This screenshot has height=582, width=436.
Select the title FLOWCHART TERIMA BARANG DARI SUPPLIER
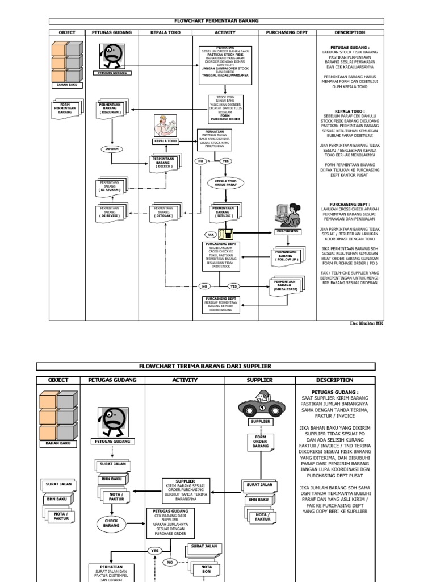(x=206, y=367)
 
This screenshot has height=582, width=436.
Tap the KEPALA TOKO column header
(x=166, y=32)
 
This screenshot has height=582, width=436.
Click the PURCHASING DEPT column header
(x=287, y=32)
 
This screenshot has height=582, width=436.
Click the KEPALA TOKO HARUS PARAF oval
(x=224, y=183)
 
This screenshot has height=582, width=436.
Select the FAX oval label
(x=210, y=234)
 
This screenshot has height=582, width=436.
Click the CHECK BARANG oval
(x=112, y=523)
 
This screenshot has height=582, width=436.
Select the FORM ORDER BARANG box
(x=261, y=441)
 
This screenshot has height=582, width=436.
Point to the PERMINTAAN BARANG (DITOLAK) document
(x=166, y=213)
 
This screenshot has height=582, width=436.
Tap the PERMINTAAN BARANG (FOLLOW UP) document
(x=288, y=255)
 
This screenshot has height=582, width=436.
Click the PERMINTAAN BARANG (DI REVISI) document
(x=112, y=213)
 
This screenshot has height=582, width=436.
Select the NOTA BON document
(x=206, y=569)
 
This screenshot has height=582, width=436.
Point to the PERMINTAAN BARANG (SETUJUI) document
(x=226, y=213)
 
